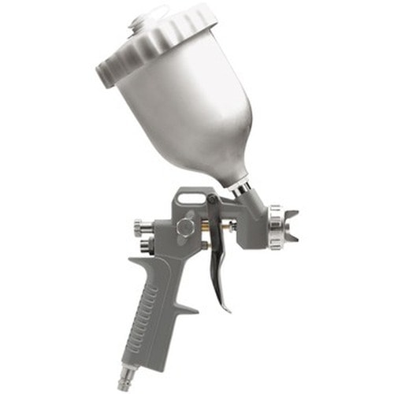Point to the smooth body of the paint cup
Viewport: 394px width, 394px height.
197,118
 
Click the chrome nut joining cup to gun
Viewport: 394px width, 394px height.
242,187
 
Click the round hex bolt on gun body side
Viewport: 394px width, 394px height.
186,228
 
